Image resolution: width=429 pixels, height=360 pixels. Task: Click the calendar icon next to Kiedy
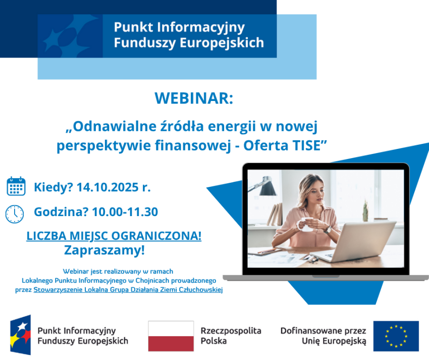[16, 186]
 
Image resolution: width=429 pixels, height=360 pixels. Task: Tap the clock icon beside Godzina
[15, 213]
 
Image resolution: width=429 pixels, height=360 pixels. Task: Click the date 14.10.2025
[109, 188]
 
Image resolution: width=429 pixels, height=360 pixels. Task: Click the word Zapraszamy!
[104, 249]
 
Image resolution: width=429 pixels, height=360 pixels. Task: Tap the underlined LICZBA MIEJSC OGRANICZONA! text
[114, 236]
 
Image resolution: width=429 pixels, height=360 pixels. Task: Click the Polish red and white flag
[171, 336]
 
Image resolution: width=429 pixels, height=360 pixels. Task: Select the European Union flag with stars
[396, 336]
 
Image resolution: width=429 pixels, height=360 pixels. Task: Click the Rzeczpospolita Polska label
[231, 336]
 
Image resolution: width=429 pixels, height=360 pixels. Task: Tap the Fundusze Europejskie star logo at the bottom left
[21, 335]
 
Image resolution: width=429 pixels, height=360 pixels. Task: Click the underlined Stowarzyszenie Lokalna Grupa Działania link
[128, 290]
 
